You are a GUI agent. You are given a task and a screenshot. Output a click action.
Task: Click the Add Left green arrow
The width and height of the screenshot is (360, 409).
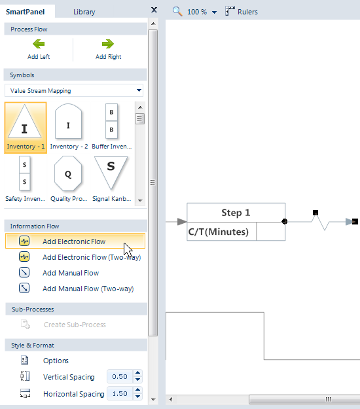tap(39, 44)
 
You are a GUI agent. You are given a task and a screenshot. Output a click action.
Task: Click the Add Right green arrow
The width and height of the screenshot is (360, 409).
tap(108, 44)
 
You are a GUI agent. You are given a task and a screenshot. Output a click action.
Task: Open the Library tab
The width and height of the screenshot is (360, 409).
tap(84, 12)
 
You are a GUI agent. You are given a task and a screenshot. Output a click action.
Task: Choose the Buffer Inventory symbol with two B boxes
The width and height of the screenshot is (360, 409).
tap(111, 121)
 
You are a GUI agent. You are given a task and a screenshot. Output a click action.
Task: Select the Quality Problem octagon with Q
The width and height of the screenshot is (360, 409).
tap(68, 173)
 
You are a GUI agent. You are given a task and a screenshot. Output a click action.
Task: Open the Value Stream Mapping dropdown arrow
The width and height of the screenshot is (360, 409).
tap(139, 90)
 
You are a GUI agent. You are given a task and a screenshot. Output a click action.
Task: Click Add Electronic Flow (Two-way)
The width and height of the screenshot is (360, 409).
tap(92, 257)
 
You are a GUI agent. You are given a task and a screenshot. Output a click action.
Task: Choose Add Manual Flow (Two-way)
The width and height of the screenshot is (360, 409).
tap(88, 289)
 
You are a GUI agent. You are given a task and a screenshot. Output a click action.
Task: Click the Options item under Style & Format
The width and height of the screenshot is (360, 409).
tap(56, 361)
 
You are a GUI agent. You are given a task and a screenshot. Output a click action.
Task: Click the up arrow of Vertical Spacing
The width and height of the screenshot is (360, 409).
tap(137, 373)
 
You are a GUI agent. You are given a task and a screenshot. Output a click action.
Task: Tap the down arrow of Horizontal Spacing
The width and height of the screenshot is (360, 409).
tap(137, 397)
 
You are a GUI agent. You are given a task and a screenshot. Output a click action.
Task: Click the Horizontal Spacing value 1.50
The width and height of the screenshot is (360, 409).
tap(120, 393)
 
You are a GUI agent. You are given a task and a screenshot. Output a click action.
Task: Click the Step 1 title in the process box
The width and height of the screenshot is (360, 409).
tap(236, 213)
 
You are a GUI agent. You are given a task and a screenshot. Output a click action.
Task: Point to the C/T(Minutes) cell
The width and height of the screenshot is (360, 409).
tap(219, 232)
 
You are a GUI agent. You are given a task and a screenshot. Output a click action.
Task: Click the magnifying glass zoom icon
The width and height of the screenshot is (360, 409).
tap(177, 12)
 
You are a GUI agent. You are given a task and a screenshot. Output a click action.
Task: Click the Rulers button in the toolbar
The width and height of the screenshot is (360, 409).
tap(242, 12)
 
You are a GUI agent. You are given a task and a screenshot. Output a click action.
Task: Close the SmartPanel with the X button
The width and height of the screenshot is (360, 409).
tap(154, 10)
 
